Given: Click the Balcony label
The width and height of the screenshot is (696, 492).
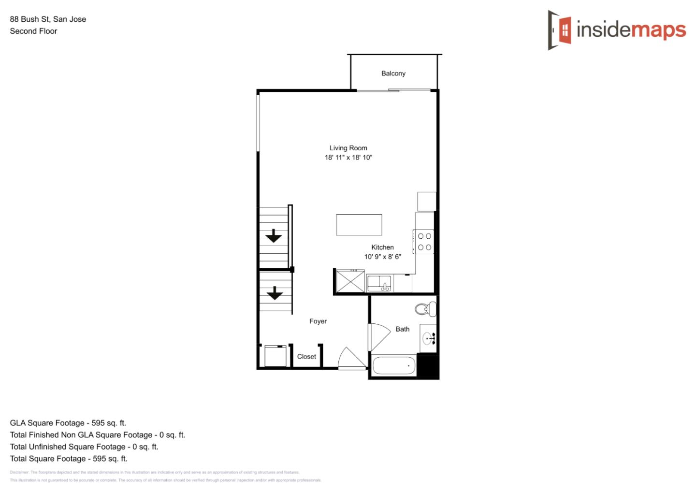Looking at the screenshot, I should point(393,73).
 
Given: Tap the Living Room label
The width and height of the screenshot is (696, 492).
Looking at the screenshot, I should point(348,148).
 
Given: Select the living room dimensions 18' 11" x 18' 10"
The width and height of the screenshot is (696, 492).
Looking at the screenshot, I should point(348,158).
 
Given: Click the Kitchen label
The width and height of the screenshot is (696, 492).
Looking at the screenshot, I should point(382,247).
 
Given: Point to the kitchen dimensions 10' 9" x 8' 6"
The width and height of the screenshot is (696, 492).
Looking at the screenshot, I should point(382,257).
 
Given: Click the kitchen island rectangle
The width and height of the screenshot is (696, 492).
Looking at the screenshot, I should point(359,225).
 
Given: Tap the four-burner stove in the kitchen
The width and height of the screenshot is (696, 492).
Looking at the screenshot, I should point(424,242).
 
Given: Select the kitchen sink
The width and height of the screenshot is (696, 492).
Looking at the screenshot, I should point(379,283).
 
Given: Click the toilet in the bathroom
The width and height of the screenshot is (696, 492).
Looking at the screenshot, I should point(424,308).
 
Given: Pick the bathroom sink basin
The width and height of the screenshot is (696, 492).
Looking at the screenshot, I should point(428,338).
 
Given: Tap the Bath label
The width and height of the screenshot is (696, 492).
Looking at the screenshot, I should point(402,329).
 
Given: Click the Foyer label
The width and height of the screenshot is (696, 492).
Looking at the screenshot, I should point(318,321).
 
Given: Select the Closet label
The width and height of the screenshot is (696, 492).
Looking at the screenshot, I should point(306,357).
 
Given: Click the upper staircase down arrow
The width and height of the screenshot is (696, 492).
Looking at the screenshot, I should point(274,236).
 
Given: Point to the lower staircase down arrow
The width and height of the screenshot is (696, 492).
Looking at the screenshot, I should point(275,293).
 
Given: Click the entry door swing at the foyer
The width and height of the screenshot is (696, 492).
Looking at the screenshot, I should point(351,359).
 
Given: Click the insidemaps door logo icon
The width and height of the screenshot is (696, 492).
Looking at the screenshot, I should point(560,30).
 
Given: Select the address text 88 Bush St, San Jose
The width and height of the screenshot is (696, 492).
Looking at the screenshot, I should point(48,19).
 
